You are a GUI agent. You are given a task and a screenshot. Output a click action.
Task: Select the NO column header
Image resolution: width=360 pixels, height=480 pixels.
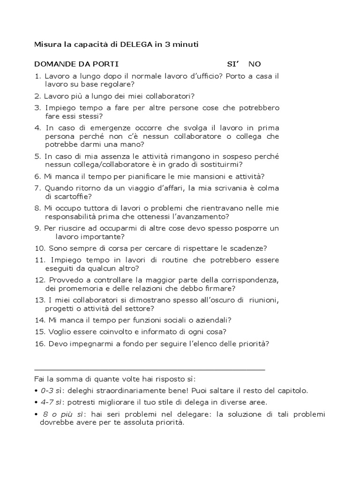(x=255, y=64)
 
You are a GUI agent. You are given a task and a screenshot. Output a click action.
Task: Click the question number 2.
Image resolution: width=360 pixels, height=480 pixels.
(x=37, y=96)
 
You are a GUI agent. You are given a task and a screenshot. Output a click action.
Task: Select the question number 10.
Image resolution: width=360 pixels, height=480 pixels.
(x=40, y=248)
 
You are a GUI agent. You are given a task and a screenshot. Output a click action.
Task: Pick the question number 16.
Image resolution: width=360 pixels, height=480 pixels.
(x=40, y=344)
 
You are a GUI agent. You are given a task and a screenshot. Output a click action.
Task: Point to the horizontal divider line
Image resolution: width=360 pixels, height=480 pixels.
(x=150, y=369)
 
